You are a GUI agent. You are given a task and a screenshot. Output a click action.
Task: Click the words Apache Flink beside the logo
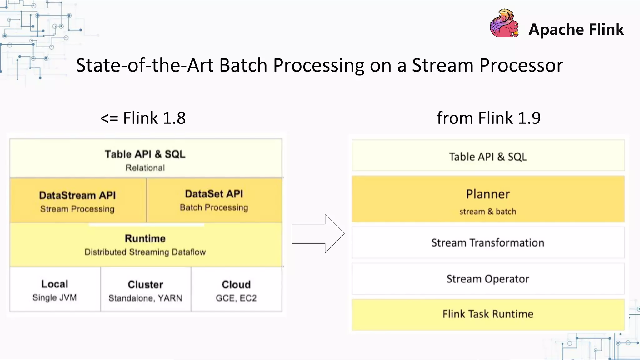point(576,30)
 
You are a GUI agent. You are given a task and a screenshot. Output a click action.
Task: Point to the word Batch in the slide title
point(243,65)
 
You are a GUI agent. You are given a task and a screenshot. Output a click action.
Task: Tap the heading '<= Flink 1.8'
point(143,118)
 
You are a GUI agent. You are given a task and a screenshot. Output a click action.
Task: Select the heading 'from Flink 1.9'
point(488,118)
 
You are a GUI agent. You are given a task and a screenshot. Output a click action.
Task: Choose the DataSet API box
point(214,200)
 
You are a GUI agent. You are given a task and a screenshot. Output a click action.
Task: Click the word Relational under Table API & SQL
point(145,168)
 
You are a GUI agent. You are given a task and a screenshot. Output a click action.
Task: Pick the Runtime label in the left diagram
point(145,238)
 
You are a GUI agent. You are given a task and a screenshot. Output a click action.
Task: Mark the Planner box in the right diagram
point(488,199)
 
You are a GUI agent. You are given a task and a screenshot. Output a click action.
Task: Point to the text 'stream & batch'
point(488,212)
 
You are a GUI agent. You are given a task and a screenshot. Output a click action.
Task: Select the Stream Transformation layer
point(488,243)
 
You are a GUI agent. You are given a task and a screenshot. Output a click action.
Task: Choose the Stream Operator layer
point(488,279)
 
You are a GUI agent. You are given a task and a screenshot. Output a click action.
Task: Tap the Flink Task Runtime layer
point(488,314)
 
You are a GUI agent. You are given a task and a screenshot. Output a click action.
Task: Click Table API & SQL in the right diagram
point(488,156)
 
